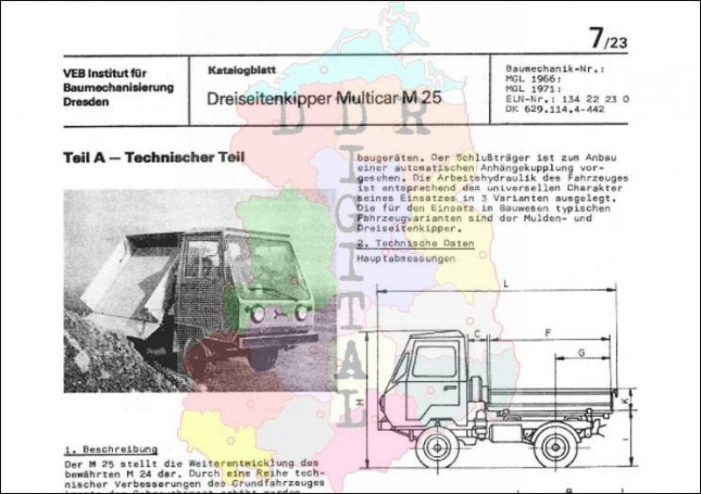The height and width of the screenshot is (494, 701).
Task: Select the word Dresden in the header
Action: [87, 102]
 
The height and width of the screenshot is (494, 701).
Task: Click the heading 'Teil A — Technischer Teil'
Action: [154, 158]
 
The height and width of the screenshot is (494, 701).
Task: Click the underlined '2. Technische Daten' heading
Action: [418, 242]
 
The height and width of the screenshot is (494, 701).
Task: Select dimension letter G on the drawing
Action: [582, 351]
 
